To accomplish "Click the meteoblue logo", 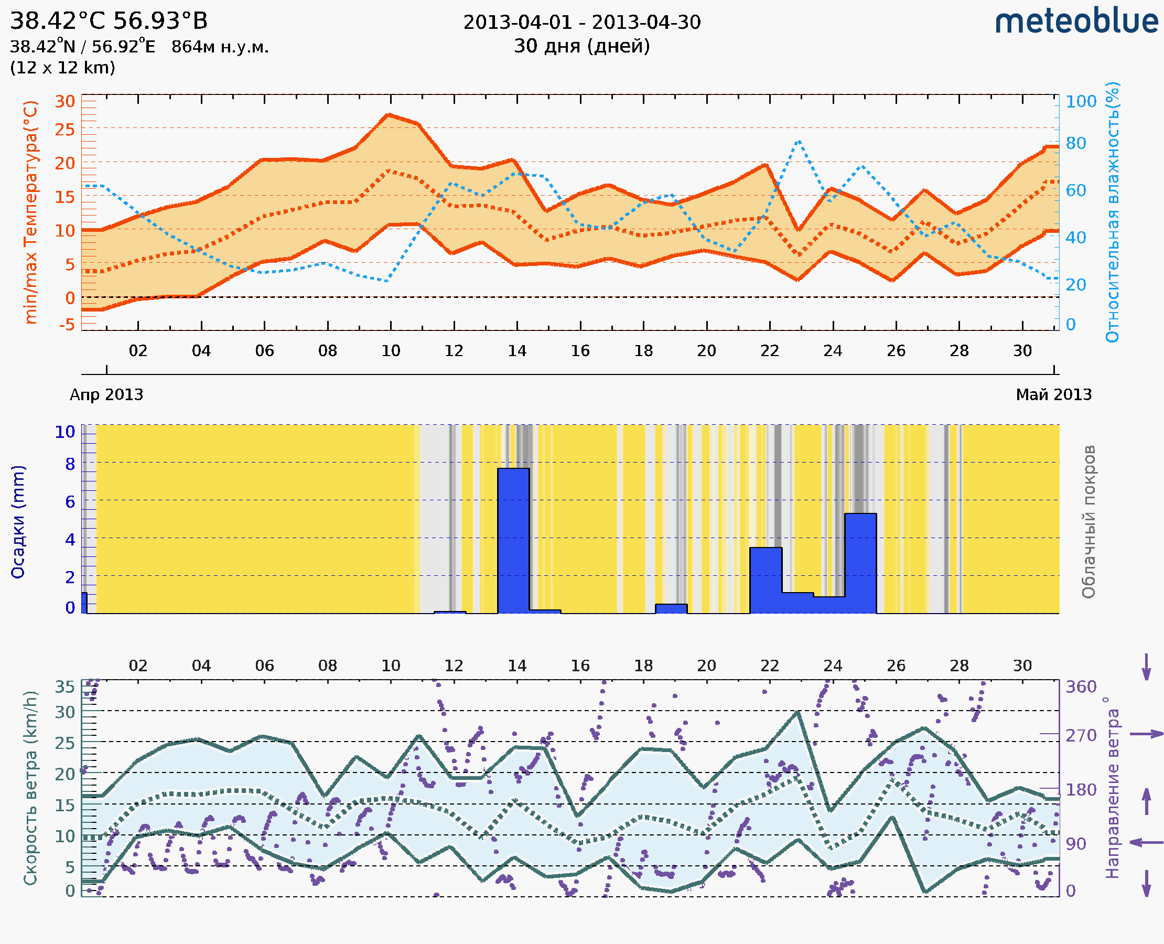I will (x=1076, y=22).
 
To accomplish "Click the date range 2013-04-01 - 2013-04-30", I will (x=581, y=23).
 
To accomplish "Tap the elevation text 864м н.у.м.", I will (x=220, y=47).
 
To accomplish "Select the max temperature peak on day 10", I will (x=388, y=115).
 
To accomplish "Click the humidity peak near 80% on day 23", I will (x=798, y=142).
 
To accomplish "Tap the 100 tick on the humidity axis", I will (x=1081, y=102).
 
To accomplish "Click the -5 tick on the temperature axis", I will (x=67, y=325).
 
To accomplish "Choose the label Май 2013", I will (x=1053, y=394).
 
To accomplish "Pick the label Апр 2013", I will (x=106, y=394).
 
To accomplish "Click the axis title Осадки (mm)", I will (x=18, y=521).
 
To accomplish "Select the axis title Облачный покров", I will (x=1088, y=521).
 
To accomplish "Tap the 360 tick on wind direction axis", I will (x=1081, y=686).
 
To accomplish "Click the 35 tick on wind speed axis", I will (x=64, y=686).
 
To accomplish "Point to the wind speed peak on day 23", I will (x=797, y=712).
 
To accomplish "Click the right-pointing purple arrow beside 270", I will (x=1146, y=734).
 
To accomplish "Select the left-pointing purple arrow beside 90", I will (x=1146, y=842).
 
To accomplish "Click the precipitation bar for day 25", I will (x=860, y=563).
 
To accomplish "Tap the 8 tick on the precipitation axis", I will (x=70, y=464).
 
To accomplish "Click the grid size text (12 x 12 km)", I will (x=62, y=68).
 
